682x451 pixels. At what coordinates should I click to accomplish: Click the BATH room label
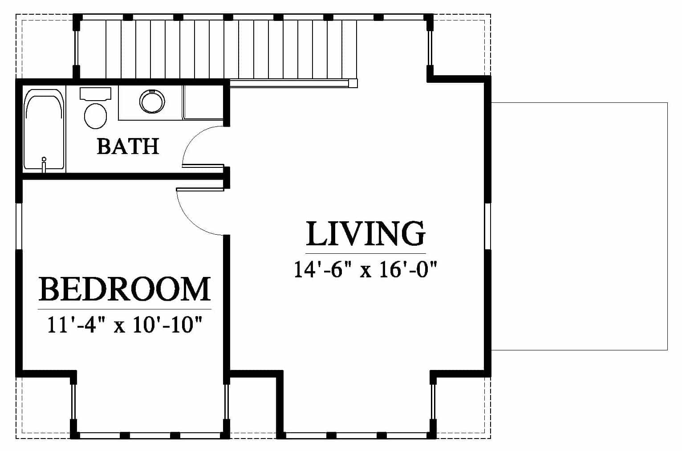(128, 146)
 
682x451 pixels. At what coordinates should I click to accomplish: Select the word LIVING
(365, 233)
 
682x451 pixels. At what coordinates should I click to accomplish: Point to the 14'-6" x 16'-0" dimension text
(365, 270)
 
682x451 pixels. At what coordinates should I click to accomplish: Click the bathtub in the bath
(45, 130)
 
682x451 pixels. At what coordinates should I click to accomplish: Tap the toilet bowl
(95, 116)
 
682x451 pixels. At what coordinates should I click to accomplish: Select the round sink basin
(152, 101)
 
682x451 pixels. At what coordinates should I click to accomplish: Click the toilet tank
(95, 93)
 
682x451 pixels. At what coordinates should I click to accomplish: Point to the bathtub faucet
(44, 164)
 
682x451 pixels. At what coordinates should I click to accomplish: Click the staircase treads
(216, 49)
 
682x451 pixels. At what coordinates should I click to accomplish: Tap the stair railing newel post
(353, 83)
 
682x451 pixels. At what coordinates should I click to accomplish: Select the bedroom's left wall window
(19, 226)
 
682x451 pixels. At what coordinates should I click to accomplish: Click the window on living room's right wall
(488, 226)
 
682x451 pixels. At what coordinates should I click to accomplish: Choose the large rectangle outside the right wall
(580, 226)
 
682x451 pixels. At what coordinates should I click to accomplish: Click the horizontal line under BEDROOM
(125, 309)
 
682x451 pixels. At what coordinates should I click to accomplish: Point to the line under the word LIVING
(365, 253)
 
